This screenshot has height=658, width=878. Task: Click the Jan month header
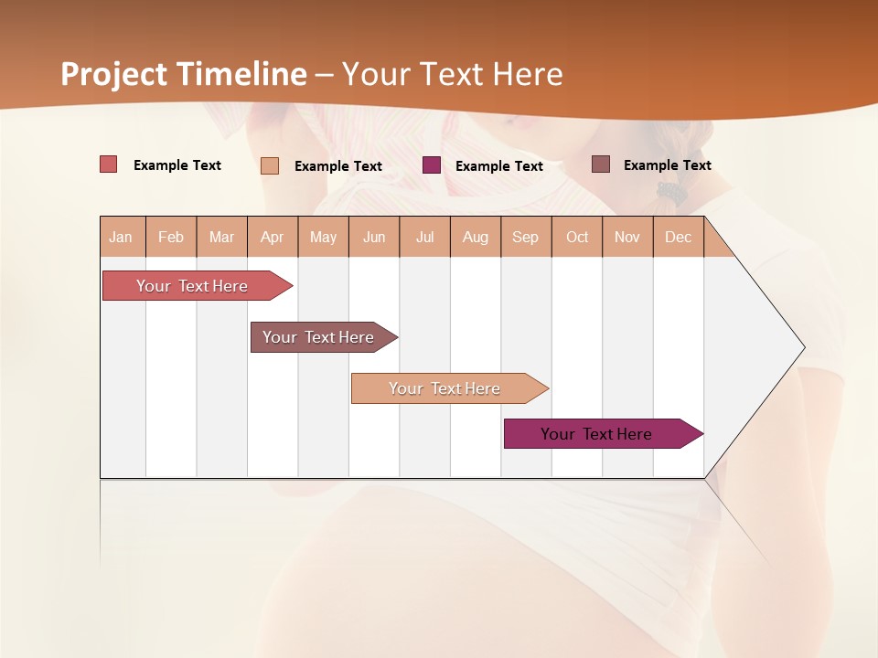tap(121, 237)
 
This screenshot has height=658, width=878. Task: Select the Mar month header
tap(221, 237)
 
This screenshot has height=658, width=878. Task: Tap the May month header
tap(323, 237)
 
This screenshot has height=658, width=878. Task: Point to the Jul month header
tap(424, 237)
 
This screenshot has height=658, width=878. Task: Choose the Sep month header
tap(525, 237)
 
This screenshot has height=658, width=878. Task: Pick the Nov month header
tap(627, 237)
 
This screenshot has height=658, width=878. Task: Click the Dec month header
tap(678, 237)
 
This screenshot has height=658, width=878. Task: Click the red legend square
tap(109, 164)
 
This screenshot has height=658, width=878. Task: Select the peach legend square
tap(270, 165)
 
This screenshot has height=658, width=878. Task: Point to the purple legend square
tap(432, 165)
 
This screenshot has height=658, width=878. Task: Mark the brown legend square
tap(601, 164)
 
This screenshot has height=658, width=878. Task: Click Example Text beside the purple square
tap(499, 166)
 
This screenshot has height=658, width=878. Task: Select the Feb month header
tap(171, 237)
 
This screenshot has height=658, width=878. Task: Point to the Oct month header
tap(577, 237)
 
